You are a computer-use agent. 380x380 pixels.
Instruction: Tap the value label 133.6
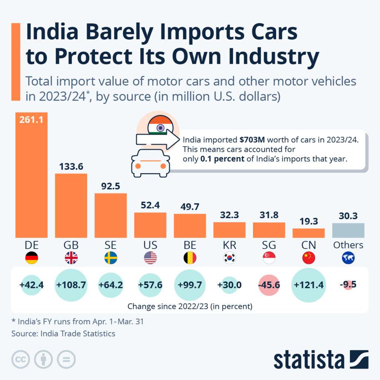[71, 167]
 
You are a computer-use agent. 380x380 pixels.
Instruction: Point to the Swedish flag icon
[111, 258]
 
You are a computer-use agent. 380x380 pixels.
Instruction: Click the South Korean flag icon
[229, 258]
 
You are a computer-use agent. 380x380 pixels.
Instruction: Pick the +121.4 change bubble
[308, 285]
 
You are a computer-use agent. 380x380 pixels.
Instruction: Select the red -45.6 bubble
[269, 285]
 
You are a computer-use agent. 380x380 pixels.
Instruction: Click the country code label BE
[190, 245]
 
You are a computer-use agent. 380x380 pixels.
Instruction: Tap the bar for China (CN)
[308, 233]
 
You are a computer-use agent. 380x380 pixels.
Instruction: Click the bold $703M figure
[252, 141]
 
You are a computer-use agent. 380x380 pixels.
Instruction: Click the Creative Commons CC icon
[21, 359]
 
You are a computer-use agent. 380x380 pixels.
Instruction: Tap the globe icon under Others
[348, 258]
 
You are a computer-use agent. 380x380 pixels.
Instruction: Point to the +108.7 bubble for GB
[71, 285]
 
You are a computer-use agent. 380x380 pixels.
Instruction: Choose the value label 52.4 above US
[150, 205]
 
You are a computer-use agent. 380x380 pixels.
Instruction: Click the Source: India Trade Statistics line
[63, 333]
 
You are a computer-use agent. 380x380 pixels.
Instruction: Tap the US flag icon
[150, 258]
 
